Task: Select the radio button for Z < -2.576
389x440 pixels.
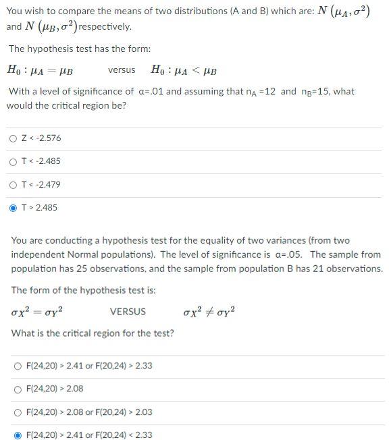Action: pyautogui.click(x=14, y=138)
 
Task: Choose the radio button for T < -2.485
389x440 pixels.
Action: pyautogui.click(x=14, y=161)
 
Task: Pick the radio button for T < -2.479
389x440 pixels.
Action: pyautogui.click(x=14, y=184)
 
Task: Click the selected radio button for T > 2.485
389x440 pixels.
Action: pyautogui.click(x=14, y=207)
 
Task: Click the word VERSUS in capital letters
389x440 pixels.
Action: pyautogui.click(x=127, y=312)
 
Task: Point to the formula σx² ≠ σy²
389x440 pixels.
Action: pyautogui.click(x=209, y=312)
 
